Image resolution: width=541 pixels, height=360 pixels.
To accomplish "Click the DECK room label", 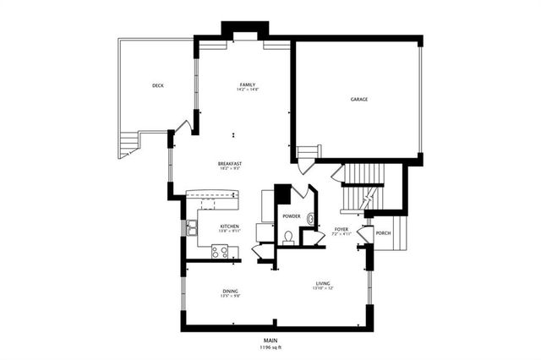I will (157, 85).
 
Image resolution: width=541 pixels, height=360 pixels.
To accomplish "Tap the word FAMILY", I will (247, 85).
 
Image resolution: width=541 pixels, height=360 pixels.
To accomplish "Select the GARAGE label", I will (359, 99).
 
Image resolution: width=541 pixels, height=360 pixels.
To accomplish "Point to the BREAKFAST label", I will (230, 163).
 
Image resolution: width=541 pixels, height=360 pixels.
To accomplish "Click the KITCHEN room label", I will (229, 226).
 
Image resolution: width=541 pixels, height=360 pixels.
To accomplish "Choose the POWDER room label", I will (292, 215).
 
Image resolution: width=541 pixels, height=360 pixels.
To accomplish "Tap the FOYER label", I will (342, 229).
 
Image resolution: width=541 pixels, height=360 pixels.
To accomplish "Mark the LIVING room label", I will (323, 283).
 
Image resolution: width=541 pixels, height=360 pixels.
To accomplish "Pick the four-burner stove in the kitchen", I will (219, 251).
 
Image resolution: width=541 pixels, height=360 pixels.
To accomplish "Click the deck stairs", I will (128, 145).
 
